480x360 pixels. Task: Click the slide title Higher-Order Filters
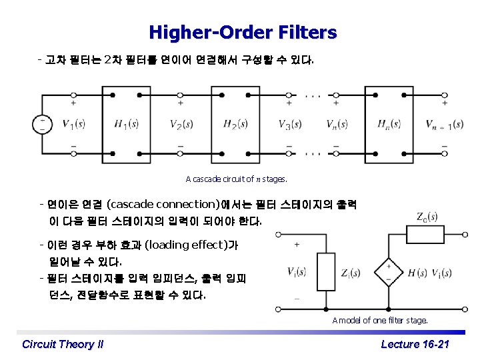tap(243, 32)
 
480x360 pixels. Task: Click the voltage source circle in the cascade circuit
tap(43, 124)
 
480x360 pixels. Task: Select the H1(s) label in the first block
tap(126, 123)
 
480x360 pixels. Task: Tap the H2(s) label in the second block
tap(235, 123)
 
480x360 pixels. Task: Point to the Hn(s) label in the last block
tap(389, 123)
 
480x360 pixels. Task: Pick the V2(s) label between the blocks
tap(181, 123)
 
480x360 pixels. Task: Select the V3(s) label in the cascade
tap(291, 123)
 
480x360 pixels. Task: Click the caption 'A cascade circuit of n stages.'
tap(236, 179)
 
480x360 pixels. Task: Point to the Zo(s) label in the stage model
tap(427, 217)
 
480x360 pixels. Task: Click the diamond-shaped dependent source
tap(389, 271)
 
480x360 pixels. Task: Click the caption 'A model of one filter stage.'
tap(380, 320)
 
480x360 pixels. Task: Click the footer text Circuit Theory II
tap(63, 344)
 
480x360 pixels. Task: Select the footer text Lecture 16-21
tap(415, 344)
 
